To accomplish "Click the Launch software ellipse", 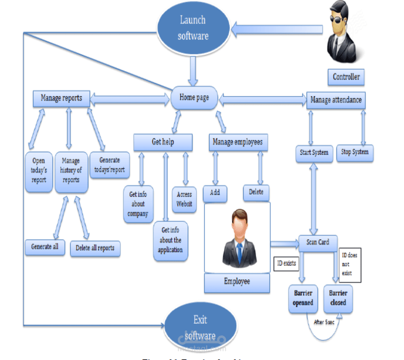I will [193, 27].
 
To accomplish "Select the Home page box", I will [194, 97].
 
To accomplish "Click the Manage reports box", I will [61, 98].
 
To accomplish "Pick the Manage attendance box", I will [336, 100].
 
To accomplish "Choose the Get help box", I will [163, 142].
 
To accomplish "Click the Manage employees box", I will [238, 142].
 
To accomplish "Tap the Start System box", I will [314, 153].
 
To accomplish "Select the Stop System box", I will [355, 152].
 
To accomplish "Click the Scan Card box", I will [318, 242].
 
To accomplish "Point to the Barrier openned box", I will [303, 298].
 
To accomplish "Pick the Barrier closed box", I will [338, 298].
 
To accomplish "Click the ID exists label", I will [286, 263].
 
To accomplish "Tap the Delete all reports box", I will [95, 248].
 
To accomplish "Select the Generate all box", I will [45, 246].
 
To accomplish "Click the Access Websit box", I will [184, 199].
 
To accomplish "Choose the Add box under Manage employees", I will [215, 193].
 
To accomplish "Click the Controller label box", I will [346, 77].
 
